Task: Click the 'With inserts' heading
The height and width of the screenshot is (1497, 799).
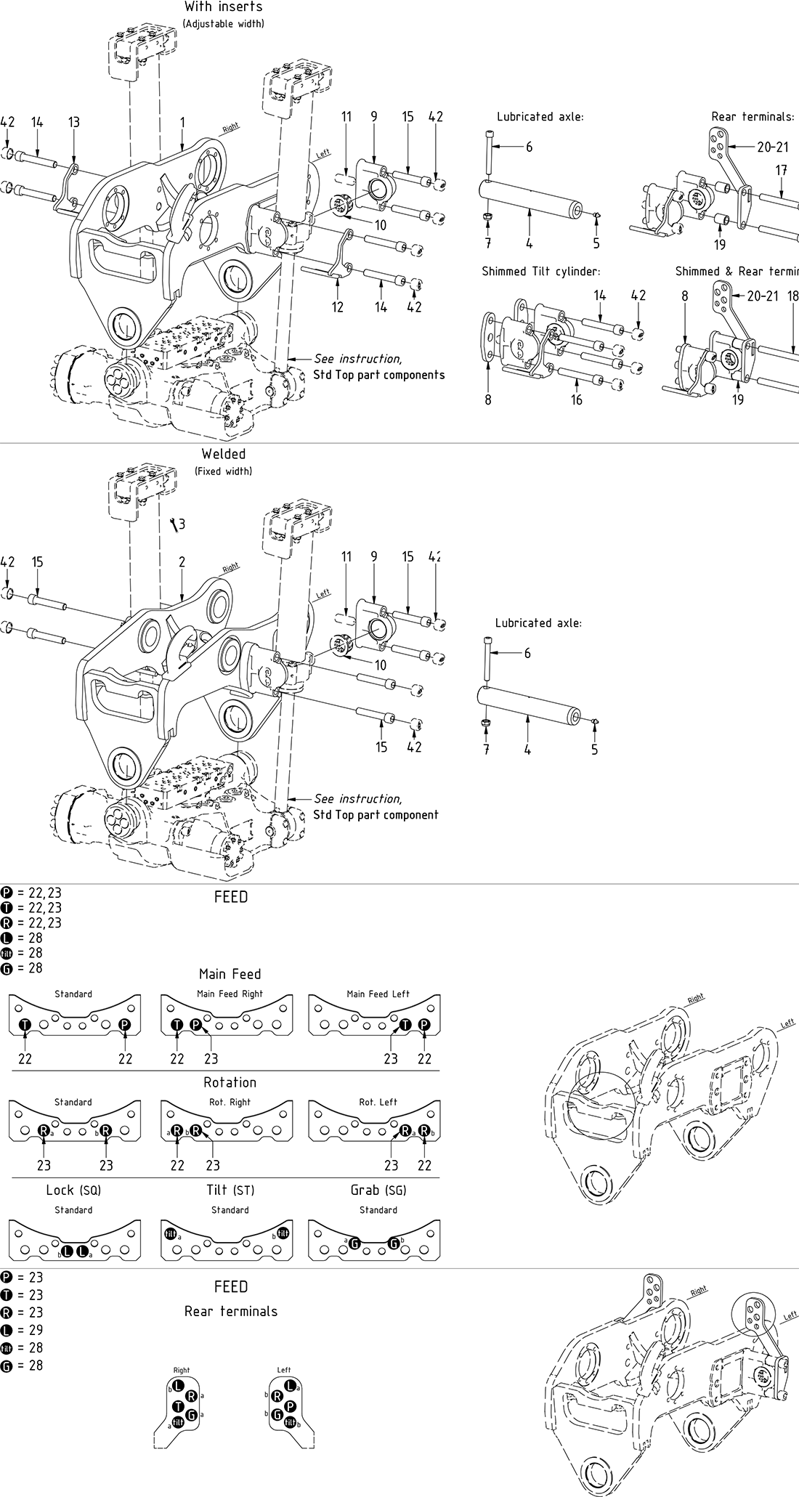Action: click(x=223, y=7)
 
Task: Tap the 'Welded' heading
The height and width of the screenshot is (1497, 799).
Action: click(x=223, y=454)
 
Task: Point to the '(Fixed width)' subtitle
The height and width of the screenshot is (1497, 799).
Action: click(x=223, y=471)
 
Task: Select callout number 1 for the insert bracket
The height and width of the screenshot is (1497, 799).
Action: click(x=183, y=122)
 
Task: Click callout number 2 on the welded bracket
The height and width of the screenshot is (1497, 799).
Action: click(x=182, y=562)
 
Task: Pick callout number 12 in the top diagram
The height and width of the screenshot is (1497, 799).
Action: click(x=338, y=307)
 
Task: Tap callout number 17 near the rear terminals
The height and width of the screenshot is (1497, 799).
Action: click(x=782, y=171)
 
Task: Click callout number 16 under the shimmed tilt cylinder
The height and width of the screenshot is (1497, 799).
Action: click(x=576, y=399)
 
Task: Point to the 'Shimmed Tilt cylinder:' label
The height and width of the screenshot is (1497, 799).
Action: click(x=541, y=272)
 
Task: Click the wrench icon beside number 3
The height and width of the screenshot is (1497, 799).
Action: click(x=173, y=524)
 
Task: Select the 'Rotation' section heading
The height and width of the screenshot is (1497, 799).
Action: click(x=230, y=1082)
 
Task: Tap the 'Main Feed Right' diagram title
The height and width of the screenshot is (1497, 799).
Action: click(x=230, y=994)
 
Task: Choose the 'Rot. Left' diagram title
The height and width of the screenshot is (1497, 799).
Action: click(x=378, y=1102)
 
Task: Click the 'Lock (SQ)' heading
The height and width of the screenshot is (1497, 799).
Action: click(x=73, y=1190)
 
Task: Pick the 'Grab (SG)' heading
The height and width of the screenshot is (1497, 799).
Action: click(x=378, y=1190)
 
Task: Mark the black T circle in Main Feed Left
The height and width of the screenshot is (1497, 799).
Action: click(x=405, y=1024)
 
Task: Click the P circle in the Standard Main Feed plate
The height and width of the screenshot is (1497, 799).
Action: click(x=124, y=1024)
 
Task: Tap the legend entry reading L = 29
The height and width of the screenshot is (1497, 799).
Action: click(x=23, y=1330)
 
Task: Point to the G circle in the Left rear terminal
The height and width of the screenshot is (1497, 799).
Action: click(x=277, y=1415)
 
